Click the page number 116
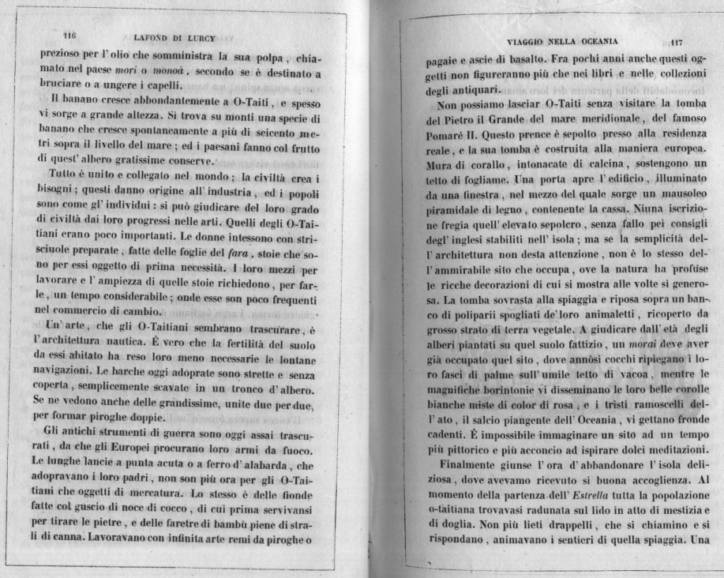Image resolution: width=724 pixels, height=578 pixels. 68,35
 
